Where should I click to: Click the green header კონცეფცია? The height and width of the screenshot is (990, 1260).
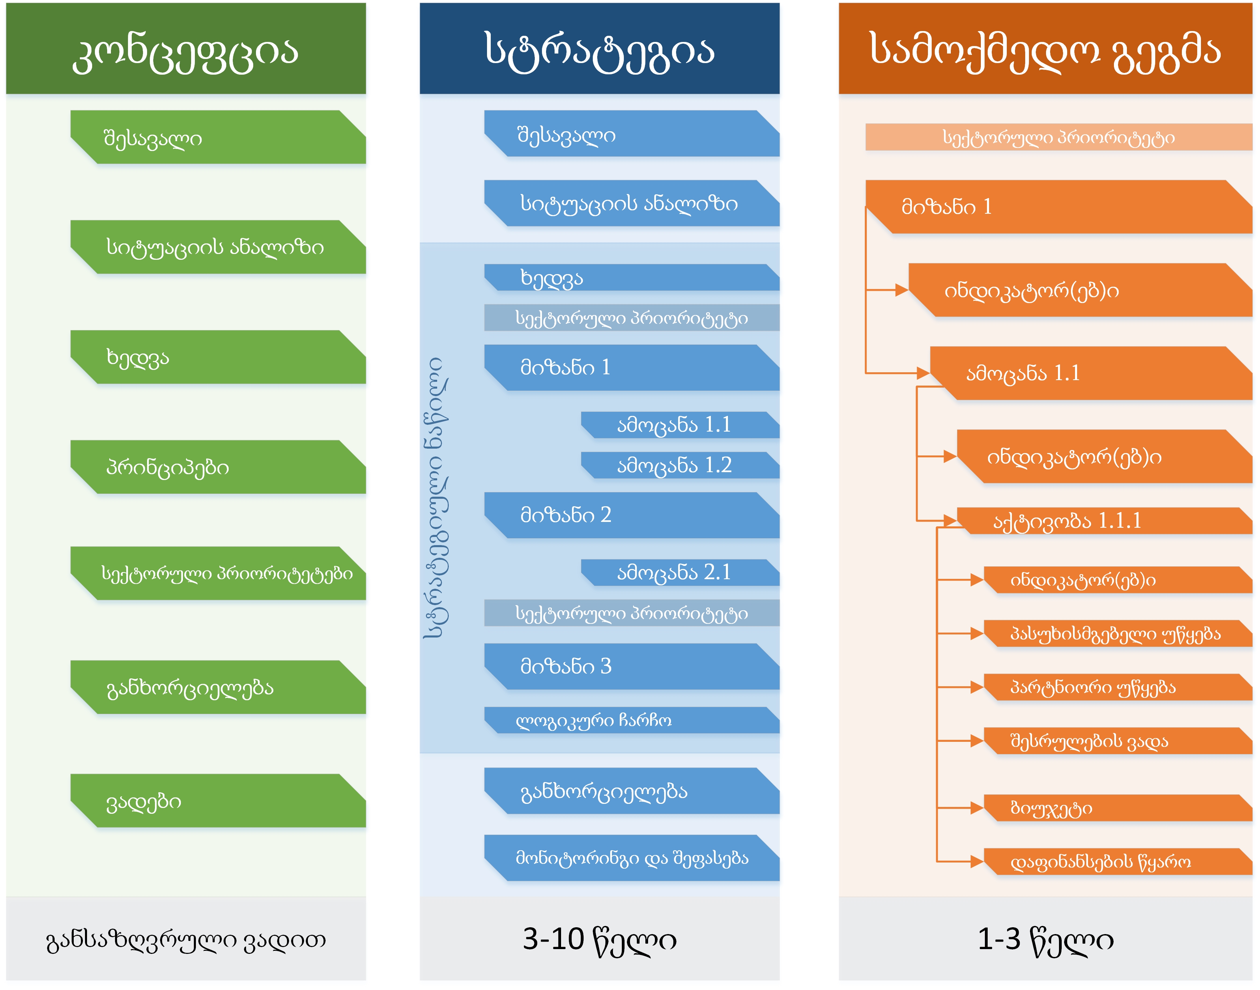click(186, 49)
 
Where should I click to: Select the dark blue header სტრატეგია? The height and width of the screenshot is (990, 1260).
click(599, 49)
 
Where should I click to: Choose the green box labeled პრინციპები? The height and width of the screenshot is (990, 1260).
click(217, 467)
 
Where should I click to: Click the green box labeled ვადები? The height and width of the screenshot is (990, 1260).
click(217, 801)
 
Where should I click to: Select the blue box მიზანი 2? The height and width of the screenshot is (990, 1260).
click(631, 515)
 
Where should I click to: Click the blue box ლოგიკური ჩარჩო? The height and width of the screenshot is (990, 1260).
click(631, 720)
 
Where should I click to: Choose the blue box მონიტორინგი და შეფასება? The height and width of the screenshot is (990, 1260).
click(631, 857)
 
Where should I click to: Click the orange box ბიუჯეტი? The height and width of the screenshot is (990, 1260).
click(1117, 807)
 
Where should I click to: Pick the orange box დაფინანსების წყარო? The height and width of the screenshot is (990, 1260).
click(1117, 861)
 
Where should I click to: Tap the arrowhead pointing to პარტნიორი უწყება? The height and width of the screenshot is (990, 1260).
click(976, 687)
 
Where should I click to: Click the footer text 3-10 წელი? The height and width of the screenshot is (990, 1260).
click(599, 939)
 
